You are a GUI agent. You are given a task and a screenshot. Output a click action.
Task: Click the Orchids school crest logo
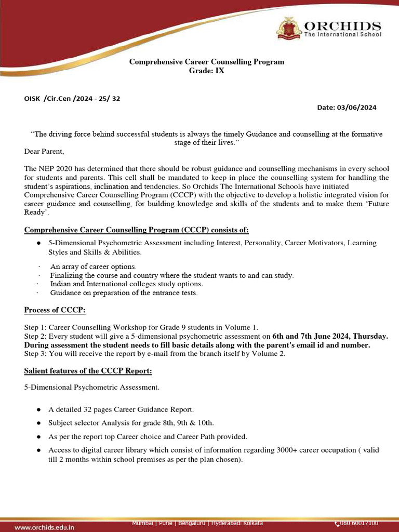point(288,29)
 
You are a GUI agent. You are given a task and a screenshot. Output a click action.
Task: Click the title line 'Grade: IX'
point(206,71)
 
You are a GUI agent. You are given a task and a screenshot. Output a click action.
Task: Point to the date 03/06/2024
point(357,108)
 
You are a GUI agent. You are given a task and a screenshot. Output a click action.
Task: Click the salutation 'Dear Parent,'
point(44,152)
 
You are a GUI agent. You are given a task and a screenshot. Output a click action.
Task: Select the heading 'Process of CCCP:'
point(55,310)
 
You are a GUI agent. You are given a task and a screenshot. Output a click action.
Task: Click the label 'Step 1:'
point(35,327)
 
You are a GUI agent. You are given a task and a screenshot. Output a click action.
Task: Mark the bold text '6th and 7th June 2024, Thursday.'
point(330,336)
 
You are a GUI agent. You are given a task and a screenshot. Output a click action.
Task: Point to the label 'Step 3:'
point(35,354)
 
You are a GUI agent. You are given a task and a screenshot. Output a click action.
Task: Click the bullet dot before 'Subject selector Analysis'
point(38,423)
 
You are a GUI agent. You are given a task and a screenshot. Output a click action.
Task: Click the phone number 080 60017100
point(359,523)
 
